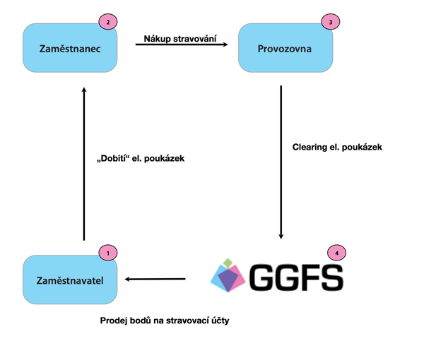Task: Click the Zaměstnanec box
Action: click(x=70, y=48)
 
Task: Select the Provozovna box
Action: click(x=285, y=48)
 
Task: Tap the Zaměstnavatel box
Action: click(x=70, y=280)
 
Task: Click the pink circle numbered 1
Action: click(x=108, y=253)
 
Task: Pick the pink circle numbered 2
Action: click(x=108, y=22)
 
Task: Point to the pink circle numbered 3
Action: click(x=331, y=22)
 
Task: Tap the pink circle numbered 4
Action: click(x=336, y=253)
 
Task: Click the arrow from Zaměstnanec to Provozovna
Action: click(x=182, y=44)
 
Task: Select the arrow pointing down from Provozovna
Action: click(x=281, y=162)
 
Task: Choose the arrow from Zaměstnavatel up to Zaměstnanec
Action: click(x=84, y=164)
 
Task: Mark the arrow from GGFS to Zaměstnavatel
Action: click(x=155, y=279)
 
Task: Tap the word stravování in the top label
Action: click(x=195, y=39)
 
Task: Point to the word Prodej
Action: click(x=114, y=320)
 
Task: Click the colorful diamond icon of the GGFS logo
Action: click(x=228, y=275)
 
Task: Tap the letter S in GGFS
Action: click(x=333, y=278)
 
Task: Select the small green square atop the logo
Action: click(x=228, y=263)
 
